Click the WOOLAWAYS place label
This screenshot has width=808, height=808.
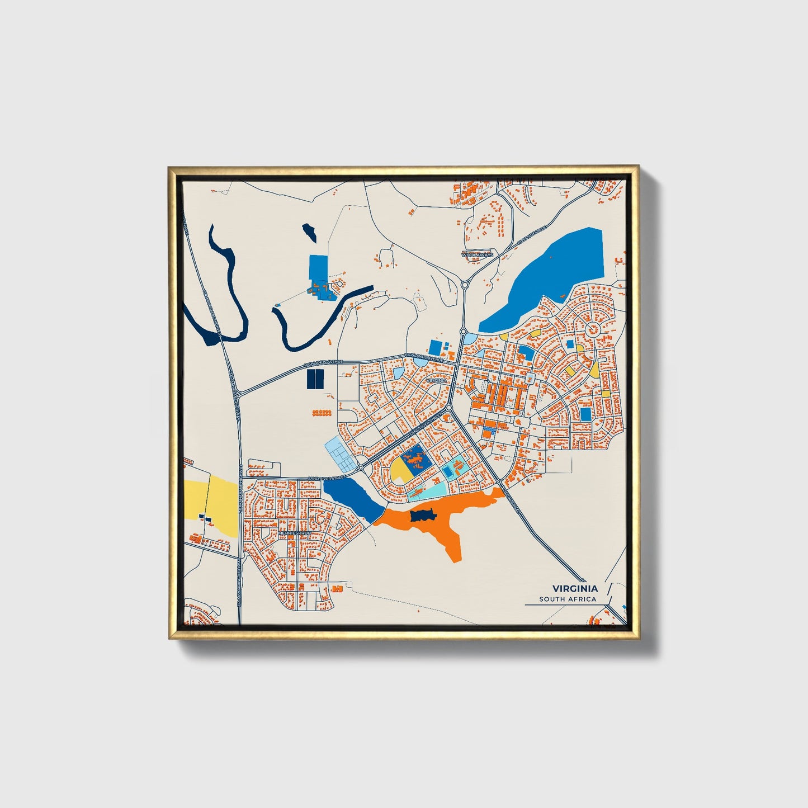477,254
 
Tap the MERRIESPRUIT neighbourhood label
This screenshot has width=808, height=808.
294,533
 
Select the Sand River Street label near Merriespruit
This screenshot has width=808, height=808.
327,479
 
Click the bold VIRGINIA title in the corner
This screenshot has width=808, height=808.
575,588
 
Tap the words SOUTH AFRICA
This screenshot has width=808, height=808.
568,599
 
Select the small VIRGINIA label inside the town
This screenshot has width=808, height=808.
436,380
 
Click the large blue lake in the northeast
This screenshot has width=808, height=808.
548,280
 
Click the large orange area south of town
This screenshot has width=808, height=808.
447,523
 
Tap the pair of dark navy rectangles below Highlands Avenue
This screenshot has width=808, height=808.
315,379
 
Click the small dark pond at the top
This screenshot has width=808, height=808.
309,231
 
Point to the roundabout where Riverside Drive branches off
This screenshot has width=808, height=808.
465,285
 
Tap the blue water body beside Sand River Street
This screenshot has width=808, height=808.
352,498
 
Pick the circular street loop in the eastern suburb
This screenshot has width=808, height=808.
591,328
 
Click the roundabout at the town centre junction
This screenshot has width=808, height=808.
448,409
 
